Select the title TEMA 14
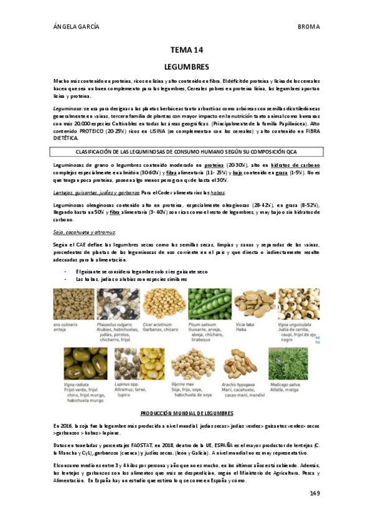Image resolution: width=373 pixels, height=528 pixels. [186, 50]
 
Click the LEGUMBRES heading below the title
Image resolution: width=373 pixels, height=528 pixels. [186, 66]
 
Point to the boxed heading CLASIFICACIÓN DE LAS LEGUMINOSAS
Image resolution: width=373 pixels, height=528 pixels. [186, 151]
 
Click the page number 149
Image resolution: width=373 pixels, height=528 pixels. [314, 493]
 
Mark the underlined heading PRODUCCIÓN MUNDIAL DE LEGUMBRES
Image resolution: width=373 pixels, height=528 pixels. [186, 413]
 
